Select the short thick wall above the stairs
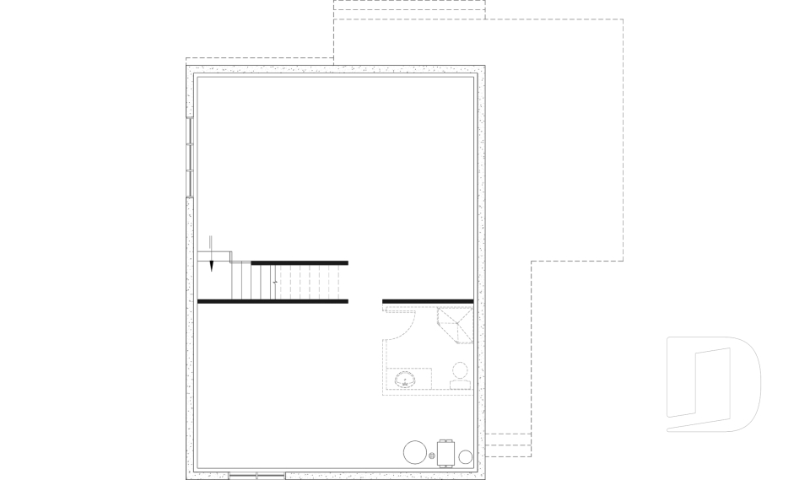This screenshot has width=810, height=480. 300,262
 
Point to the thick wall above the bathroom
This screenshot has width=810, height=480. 427,300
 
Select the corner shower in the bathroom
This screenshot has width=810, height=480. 456,326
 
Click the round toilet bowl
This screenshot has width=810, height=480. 460,369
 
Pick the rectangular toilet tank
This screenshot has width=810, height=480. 460,385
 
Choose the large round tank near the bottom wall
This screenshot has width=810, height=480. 416,452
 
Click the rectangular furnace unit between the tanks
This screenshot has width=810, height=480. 446,452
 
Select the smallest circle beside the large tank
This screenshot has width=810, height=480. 432,456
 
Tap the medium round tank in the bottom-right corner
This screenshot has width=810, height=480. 465,457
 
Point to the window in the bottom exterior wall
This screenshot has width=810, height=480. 256,475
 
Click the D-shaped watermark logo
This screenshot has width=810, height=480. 714,384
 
